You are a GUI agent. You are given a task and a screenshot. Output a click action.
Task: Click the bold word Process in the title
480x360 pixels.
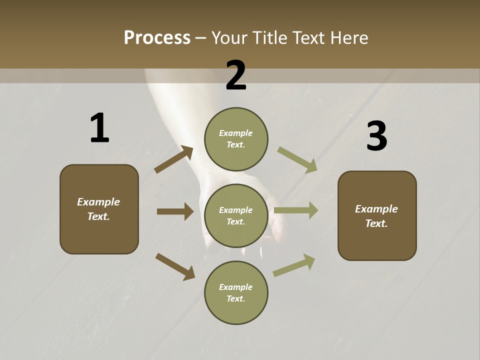point(157,37)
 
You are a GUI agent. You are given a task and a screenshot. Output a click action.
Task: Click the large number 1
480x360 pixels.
point(99,128)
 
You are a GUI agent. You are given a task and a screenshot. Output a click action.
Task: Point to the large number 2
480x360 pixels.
point(236,75)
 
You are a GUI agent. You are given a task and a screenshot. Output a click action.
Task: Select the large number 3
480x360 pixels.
point(376,136)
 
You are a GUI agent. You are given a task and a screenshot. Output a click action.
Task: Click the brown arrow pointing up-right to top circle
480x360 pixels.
point(173,159)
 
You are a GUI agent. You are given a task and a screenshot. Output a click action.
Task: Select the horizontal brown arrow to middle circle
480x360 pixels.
point(175,211)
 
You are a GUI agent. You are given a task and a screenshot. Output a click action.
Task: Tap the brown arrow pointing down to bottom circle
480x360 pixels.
point(175,266)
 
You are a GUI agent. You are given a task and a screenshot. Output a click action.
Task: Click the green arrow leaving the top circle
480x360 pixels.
point(297,160)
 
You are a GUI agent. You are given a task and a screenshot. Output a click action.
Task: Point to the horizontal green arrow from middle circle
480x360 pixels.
point(296,210)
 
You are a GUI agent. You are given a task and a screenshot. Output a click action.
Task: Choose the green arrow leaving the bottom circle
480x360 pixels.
point(294,265)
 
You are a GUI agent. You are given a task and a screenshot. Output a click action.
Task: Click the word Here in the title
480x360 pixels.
point(348,37)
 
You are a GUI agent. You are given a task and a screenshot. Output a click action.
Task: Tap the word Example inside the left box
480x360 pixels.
point(98,202)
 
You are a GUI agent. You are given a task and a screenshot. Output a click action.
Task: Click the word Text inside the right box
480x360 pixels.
point(376,223)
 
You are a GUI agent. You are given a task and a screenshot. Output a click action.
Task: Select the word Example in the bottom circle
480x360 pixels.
point(235,287)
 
